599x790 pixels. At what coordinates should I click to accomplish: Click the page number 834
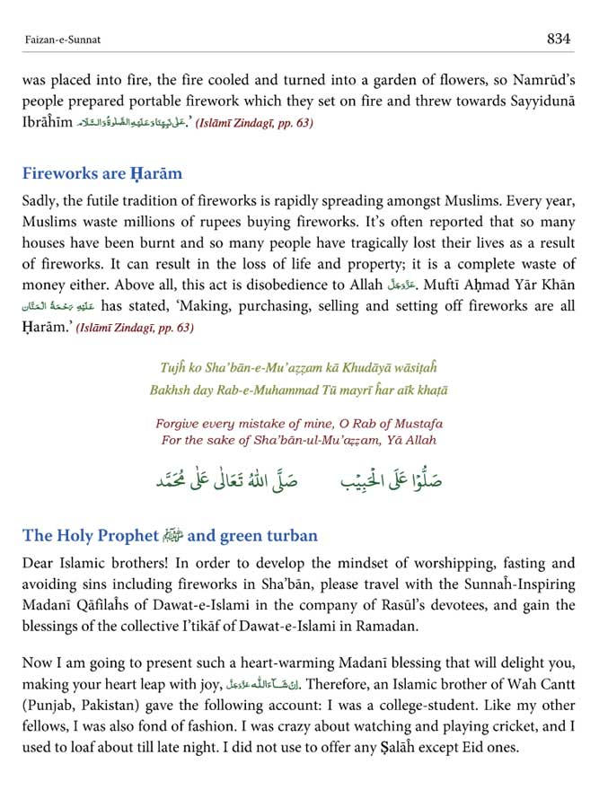tap(559, 39)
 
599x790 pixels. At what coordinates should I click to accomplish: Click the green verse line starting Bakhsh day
tap(298, 390)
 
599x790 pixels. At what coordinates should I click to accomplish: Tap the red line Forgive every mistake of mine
tap(298, 423)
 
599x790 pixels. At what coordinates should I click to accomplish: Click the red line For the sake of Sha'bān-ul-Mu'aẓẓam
tap(298, 440)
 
